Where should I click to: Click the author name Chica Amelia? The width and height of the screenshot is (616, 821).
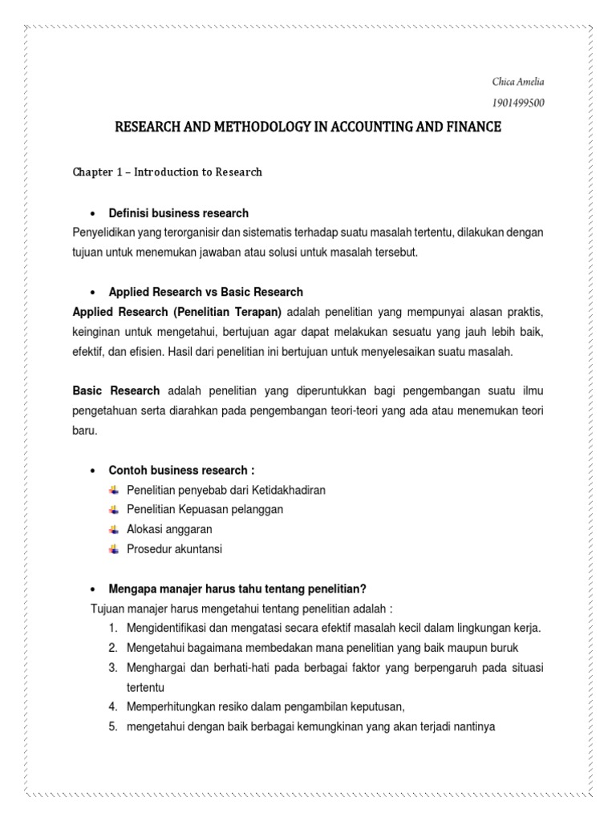click(522, 82)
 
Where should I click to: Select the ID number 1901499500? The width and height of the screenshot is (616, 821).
click(522, 103)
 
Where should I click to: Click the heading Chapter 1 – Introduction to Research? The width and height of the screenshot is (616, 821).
click(167, 172)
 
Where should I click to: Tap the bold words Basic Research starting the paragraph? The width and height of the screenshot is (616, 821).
click(116, 390)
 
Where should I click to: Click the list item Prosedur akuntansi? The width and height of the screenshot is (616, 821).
click(174, 549)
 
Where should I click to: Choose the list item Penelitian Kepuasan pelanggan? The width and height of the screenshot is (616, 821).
click(205, 510)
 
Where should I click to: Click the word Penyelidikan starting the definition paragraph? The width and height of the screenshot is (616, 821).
click(104, 233)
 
